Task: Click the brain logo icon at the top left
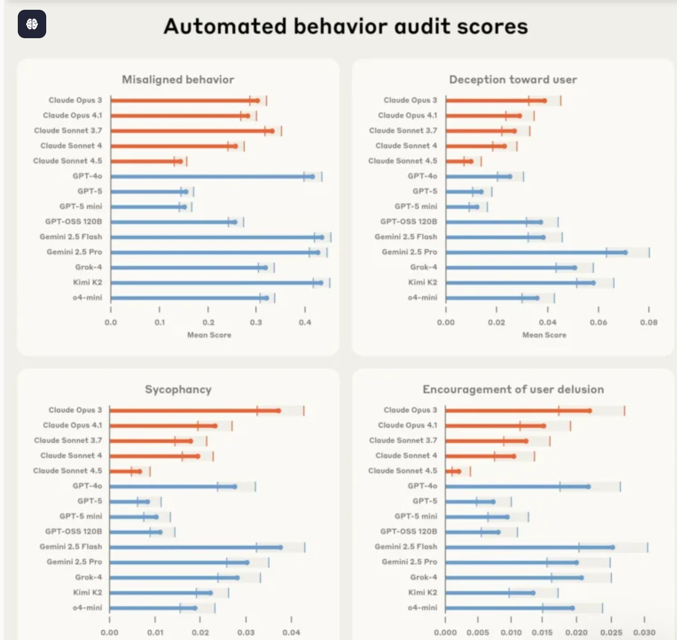pyautogui.click(x=32, y=24)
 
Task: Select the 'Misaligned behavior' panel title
pyautogui.click(x=178, y=80)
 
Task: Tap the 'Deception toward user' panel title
pyautogui.click(x=513, y=80)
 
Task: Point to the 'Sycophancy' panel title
pyautogui.click(x=178, y=390)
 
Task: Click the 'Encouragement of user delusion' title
pyautogui.click(x=513, y=390)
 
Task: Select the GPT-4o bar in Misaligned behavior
pyautogui.click(x=211, y=176)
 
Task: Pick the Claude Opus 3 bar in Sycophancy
pyautogui.click(x=194, y=410)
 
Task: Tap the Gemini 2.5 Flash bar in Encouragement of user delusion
pyautogui.click(x=529, y=547)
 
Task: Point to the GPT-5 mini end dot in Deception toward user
pyautogui.click(x=477, y=207)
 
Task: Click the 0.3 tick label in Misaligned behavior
pyautogui.click(x=256, y=322)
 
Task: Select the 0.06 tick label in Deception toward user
pyautogui.click(x=598, y=322)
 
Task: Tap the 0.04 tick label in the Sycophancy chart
pyautogui.click(x=291, y=632)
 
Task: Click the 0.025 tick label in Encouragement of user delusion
pyautogui.click(x=611, y=632)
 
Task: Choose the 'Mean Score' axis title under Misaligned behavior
pyautogui.click(x=209, y=335)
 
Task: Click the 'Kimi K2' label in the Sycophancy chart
pyautogui.click(x=88, y=592)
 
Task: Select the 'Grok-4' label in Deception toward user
pyautogui.click(x=423, y=267)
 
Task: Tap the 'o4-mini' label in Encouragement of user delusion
pyautogui.click(x=422, y=608)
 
